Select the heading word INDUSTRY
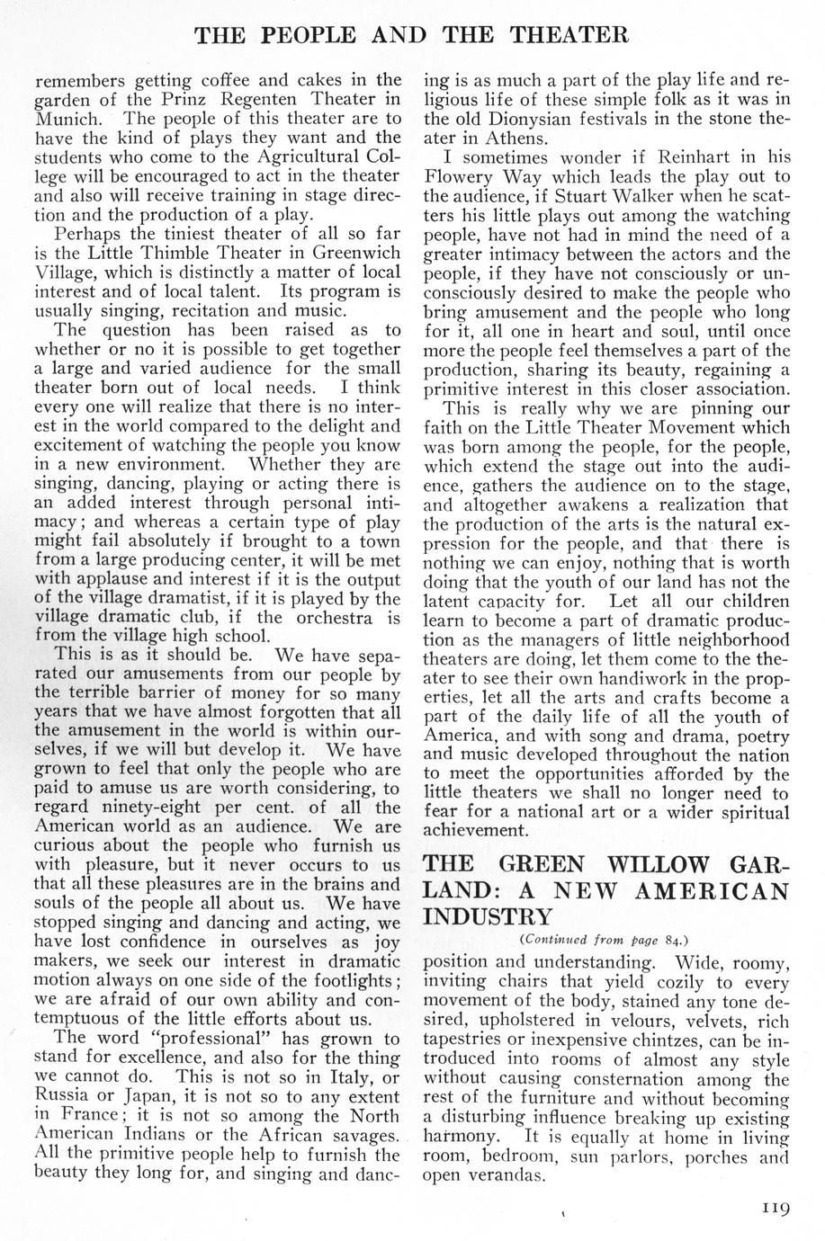click(x=489, y=918)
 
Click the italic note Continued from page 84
click(x=605, y=941)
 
